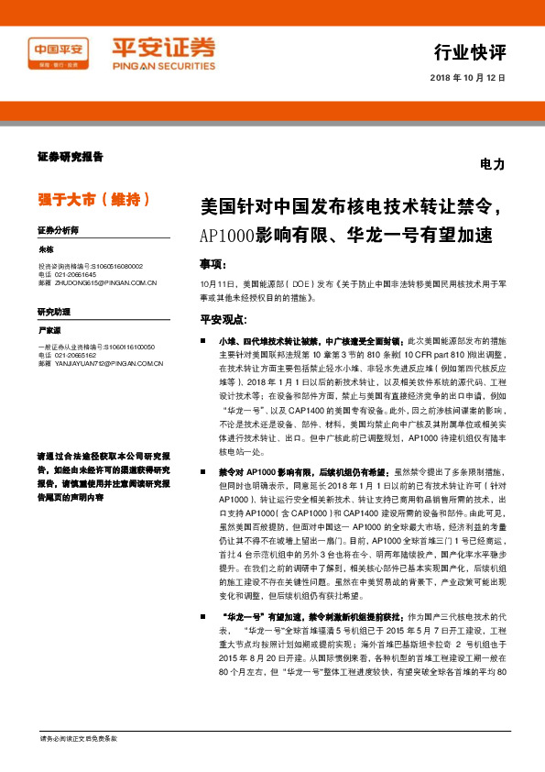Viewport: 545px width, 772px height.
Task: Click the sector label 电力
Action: click(x=492, y=165)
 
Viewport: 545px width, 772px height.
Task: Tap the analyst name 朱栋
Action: click(x=47, y=248)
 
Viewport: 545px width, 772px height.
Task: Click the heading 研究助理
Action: click(x=54, y=312)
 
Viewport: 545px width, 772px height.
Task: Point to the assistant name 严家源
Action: click(x=49, y=329)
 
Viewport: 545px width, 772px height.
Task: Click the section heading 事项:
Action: click(x=213, y=264)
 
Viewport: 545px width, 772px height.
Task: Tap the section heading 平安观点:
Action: click(x=222, y=319)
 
